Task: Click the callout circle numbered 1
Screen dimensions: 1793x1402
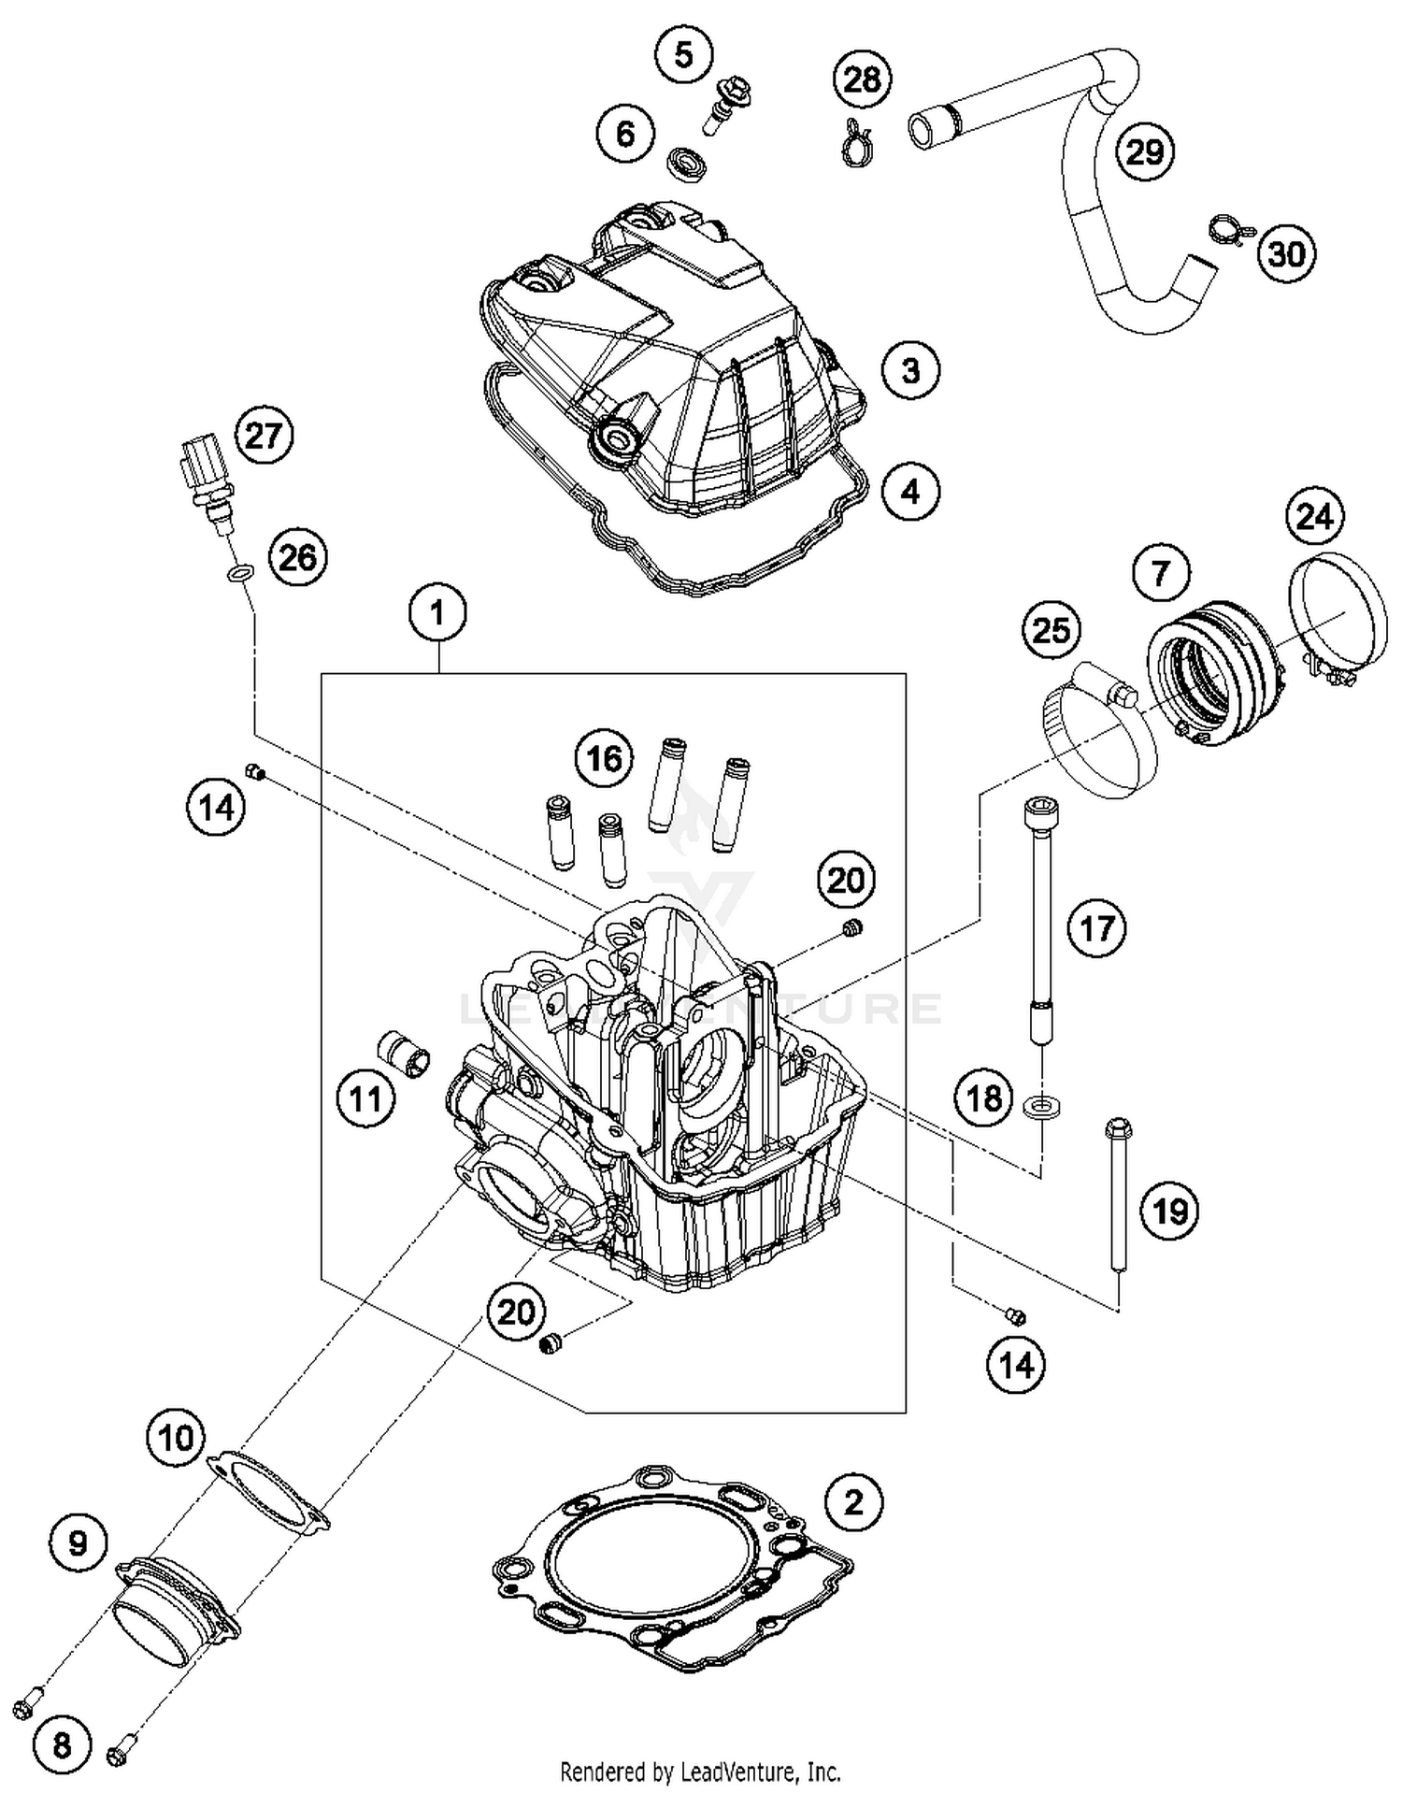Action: pyautogui.click(x=437, y=613)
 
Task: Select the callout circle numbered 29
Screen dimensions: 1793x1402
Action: pyautogui.click(x=1145, y=151)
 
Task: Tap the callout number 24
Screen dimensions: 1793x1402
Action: pyautogui.click(x=1314, y=515)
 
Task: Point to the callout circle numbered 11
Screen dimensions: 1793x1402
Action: pyautogui.click(x=365, y=1098)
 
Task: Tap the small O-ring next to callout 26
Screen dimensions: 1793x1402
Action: pyautogui.click(x=240, y=572)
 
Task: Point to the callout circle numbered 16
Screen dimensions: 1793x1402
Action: pyautogui.click(x=604, y=757)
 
